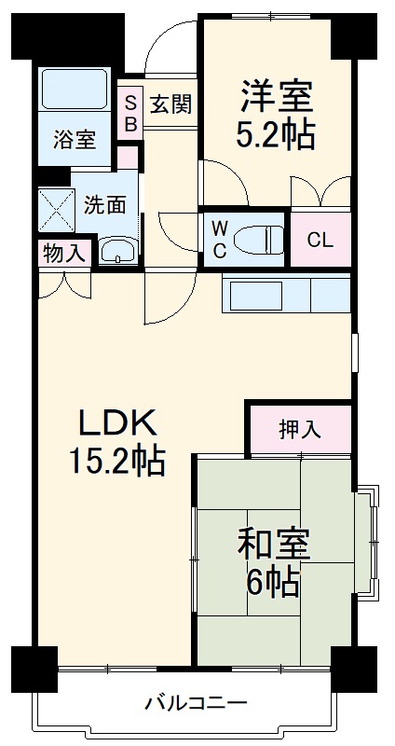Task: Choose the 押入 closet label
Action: click(x=299, y=429)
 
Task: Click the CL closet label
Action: click(x=320, y=240)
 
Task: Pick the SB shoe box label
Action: click(x=130, y=112)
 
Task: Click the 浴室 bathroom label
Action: click(x=74, y=140)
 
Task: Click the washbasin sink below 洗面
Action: click(x=116, y=250)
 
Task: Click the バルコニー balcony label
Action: click(x=196, y=702)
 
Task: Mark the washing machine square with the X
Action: click(x=56, y=210)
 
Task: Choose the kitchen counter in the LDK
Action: click(x=286, y=296)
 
